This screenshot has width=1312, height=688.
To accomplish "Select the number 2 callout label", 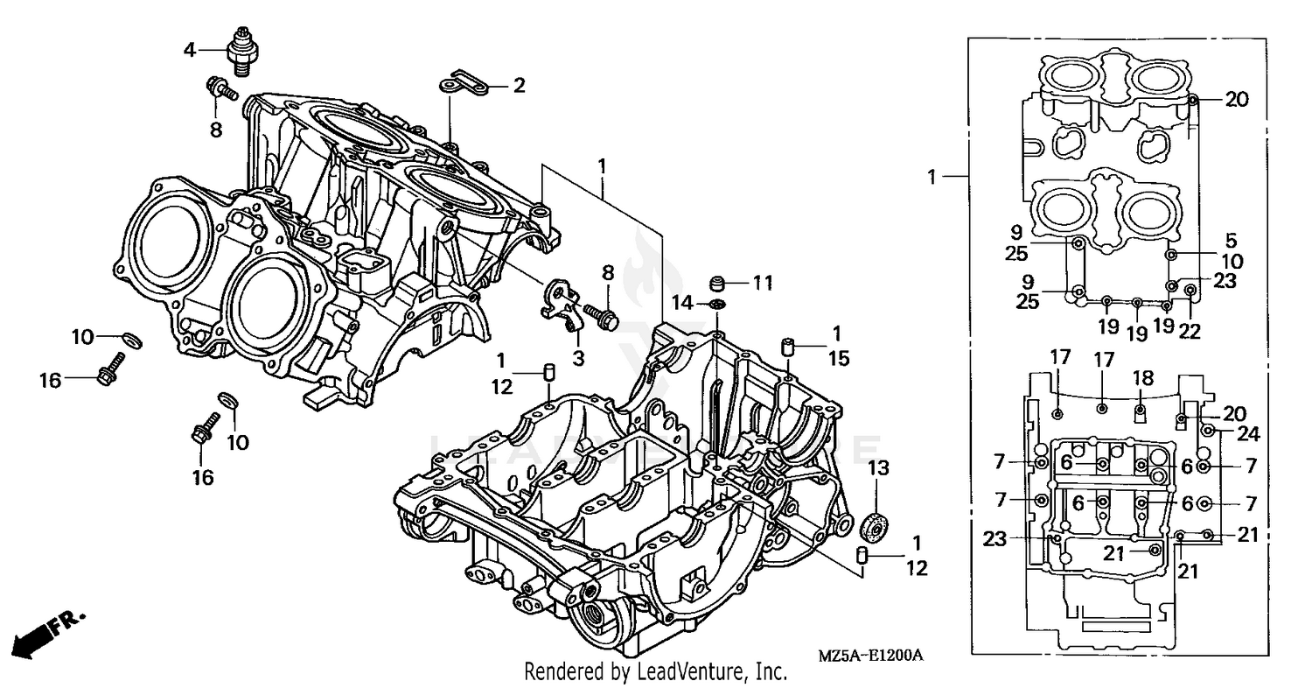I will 519,85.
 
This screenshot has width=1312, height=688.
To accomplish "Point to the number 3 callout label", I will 578,357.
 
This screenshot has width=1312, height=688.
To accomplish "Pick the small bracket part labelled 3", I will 560,302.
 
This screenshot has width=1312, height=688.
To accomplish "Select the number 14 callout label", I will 683,303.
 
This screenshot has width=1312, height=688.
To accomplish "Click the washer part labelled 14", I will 716,304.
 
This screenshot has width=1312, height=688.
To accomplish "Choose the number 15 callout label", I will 838,358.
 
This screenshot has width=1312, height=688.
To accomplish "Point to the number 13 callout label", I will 878,468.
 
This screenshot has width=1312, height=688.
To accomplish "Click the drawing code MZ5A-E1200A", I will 871,656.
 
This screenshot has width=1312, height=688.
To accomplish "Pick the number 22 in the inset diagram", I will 1190,331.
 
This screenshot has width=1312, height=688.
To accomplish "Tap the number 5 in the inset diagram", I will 1231,238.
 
